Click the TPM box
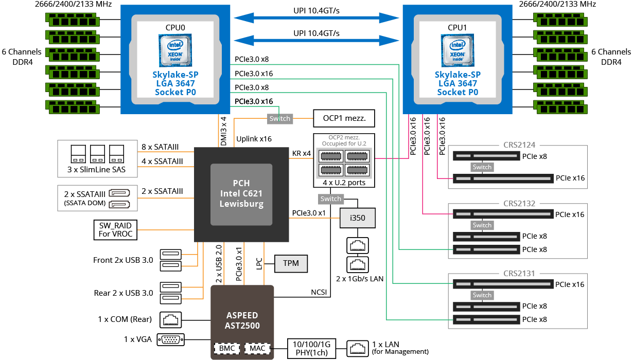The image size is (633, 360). coord(291,263)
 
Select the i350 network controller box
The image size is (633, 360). coord(358,218)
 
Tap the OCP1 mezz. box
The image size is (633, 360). coord(344,118)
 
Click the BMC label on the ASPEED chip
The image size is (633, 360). coord(227,348)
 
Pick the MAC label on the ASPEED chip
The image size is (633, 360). coord(257,348)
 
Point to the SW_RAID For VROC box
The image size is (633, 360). coord(115,230)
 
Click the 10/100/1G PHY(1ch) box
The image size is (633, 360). coord(311,348)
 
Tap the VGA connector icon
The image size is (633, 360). coord(171,339)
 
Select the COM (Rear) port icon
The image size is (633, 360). coord(170,320)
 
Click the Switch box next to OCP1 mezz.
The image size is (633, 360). coord(280,119)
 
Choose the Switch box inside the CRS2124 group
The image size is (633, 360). coord(482,167)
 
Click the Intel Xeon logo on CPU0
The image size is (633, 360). coord(175,50)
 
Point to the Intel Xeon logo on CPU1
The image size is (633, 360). coord(458,50)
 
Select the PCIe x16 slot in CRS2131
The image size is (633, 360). coord(503,284)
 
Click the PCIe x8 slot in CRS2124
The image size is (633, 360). coord(486,156)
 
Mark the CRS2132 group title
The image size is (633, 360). coord(519,203)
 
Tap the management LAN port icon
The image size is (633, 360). coord(358,348)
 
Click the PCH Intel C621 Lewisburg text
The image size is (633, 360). coord(241,193)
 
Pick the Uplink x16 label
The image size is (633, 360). coord(254,139)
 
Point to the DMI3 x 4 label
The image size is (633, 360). coord(223,131)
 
